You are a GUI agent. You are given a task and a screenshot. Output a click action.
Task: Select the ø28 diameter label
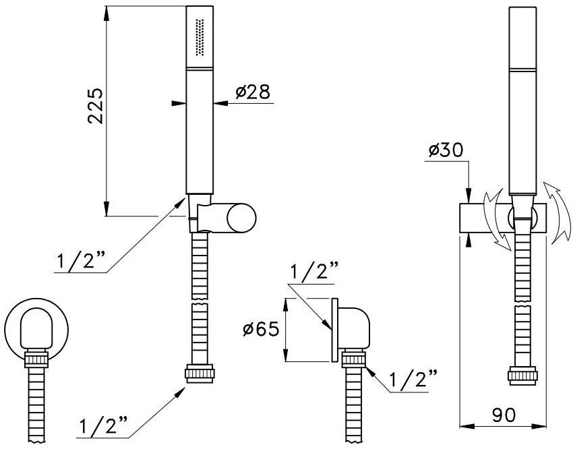[253, 92]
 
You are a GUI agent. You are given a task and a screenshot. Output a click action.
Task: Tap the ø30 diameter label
[445, 150]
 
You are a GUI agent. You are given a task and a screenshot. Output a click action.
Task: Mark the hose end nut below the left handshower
[200, 373]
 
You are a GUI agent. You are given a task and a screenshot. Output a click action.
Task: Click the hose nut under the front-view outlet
[36, 359]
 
